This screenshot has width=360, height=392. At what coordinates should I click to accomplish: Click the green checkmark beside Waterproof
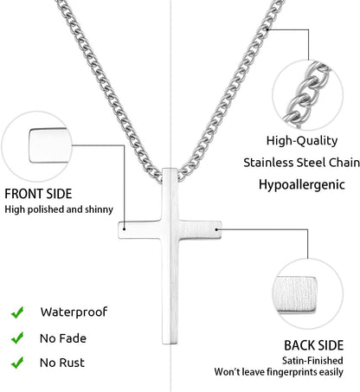pos(17,312)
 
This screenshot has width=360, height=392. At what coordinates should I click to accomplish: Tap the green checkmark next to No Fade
pos(17,337)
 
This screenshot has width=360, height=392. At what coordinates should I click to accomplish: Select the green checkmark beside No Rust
pos(17,363)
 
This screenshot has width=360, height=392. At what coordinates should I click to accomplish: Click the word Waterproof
pos(74,312)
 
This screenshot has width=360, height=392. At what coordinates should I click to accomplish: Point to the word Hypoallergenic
pos(301,185)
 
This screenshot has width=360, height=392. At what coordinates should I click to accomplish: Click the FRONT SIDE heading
pos(38,194)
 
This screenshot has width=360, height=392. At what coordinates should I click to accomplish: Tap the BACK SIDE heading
pos(314,345)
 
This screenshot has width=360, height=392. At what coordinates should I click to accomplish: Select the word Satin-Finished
pos(312,361)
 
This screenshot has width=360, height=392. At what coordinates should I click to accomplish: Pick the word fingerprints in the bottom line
pos(291,372)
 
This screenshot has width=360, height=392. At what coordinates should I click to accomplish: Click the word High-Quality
pos(302,141)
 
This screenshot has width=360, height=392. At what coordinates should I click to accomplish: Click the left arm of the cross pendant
pos(140,230)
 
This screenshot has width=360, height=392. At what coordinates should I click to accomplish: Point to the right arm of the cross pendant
pos(201,230)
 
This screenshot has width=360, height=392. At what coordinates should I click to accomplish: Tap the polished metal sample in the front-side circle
pos(50,145)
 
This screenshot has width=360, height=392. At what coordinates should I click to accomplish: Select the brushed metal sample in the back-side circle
pos(294,294)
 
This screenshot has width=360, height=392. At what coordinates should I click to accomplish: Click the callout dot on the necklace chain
pos(267,29)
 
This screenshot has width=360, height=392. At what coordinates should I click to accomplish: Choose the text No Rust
pos(62,363)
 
